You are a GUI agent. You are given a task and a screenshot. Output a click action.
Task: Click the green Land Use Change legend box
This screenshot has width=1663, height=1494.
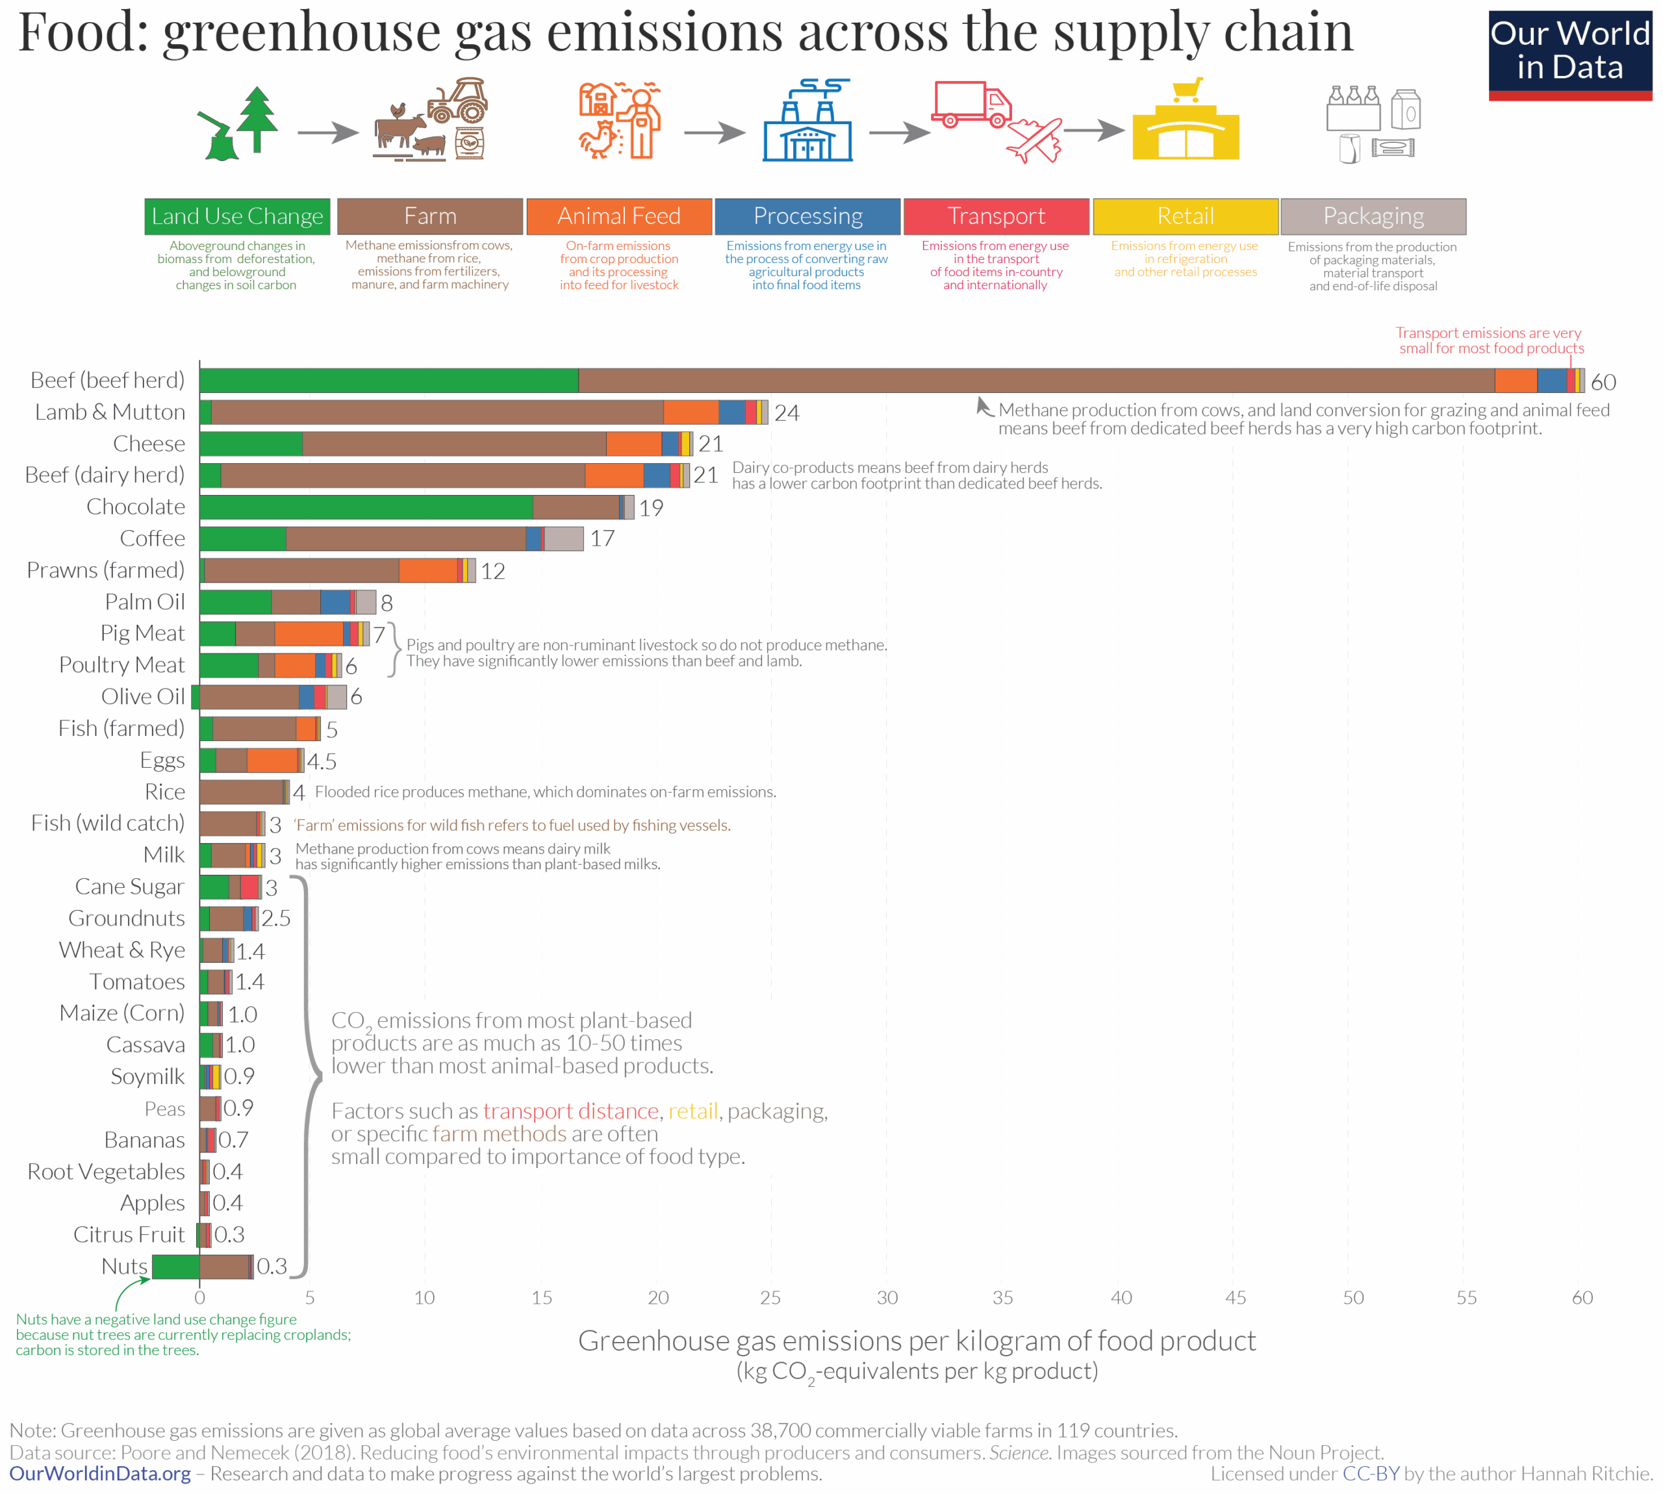pyautogui.click(x=237, y=216)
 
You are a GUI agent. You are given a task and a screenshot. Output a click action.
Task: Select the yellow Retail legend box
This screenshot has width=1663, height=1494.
pyautogui.click(x=1184, y=216)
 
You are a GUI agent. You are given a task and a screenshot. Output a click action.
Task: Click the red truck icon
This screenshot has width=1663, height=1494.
pyautogui.click(x=971, y=104)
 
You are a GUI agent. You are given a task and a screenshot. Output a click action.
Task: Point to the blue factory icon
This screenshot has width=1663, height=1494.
pyautogui.click(x=807, y=123)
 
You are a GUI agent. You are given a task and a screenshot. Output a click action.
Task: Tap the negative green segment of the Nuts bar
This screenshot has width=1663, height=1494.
pyautogui.click(x=175, y=1266)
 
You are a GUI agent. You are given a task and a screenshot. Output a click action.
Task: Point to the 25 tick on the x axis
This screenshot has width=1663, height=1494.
pyautogui.click(x=770, y=1297)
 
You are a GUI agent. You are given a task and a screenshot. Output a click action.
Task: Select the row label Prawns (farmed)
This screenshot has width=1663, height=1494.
pyautogui.click(x=106, y=570)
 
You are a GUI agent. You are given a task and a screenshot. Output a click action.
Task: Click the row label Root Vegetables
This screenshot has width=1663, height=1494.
pyautogui.click(x=106, y=1171)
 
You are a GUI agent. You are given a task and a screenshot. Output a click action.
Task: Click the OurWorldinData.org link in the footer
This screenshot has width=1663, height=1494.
pyautogui.click(x=100, y=1473)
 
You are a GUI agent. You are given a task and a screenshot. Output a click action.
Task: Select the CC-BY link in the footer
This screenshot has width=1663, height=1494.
pyautogui.click(x=1370, y=1473)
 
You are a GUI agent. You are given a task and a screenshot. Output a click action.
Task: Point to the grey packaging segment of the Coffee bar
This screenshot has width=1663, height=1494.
pyautogui.click(x=564, y=538)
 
